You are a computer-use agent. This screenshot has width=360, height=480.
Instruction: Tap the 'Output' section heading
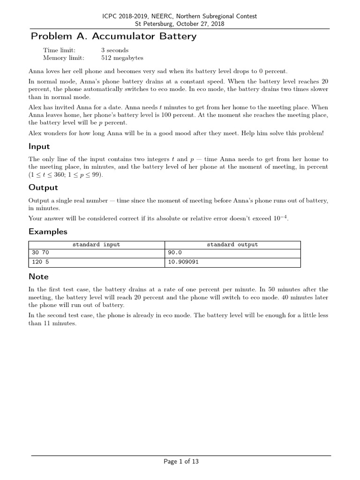[43, 187]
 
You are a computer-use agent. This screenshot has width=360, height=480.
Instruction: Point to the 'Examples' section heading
[48, 232]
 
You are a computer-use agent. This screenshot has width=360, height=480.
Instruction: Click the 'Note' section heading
[38, 277]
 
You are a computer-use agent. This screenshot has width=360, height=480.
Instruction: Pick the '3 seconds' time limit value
[115, 50]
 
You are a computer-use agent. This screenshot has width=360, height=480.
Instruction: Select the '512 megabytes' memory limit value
[122, 58]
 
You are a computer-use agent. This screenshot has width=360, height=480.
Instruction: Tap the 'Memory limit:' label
[64, 58]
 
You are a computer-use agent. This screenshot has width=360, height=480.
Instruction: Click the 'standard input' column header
[96, 245]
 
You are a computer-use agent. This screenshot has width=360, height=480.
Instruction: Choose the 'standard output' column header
[232, 245]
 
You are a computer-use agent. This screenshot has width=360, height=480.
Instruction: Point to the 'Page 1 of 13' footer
[181, 462]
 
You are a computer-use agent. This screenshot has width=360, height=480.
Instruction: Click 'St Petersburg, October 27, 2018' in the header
[180, 23]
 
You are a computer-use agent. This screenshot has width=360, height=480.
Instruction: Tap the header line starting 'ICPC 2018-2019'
[180, 16]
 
